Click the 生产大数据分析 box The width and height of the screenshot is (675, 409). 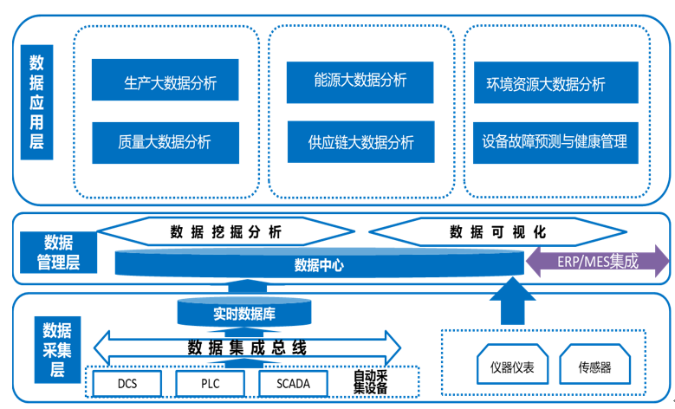tap(166, 82)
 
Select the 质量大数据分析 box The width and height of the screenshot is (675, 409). tap(166, 141)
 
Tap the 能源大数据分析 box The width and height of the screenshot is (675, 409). tap(360, 81)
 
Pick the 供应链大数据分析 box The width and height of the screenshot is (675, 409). tap(360, 141)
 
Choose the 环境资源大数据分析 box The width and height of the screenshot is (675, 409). tap(555, 83)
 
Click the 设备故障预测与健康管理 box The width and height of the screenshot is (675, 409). tap(555, 141)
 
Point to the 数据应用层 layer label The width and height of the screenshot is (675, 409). tap(37, 101)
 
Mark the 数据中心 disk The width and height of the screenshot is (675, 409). tap(319, 264)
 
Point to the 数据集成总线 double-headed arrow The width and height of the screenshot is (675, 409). tap(247, 348)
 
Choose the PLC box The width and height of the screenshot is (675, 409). tap(210, 382)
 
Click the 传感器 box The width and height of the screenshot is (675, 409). tap(594, 367)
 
